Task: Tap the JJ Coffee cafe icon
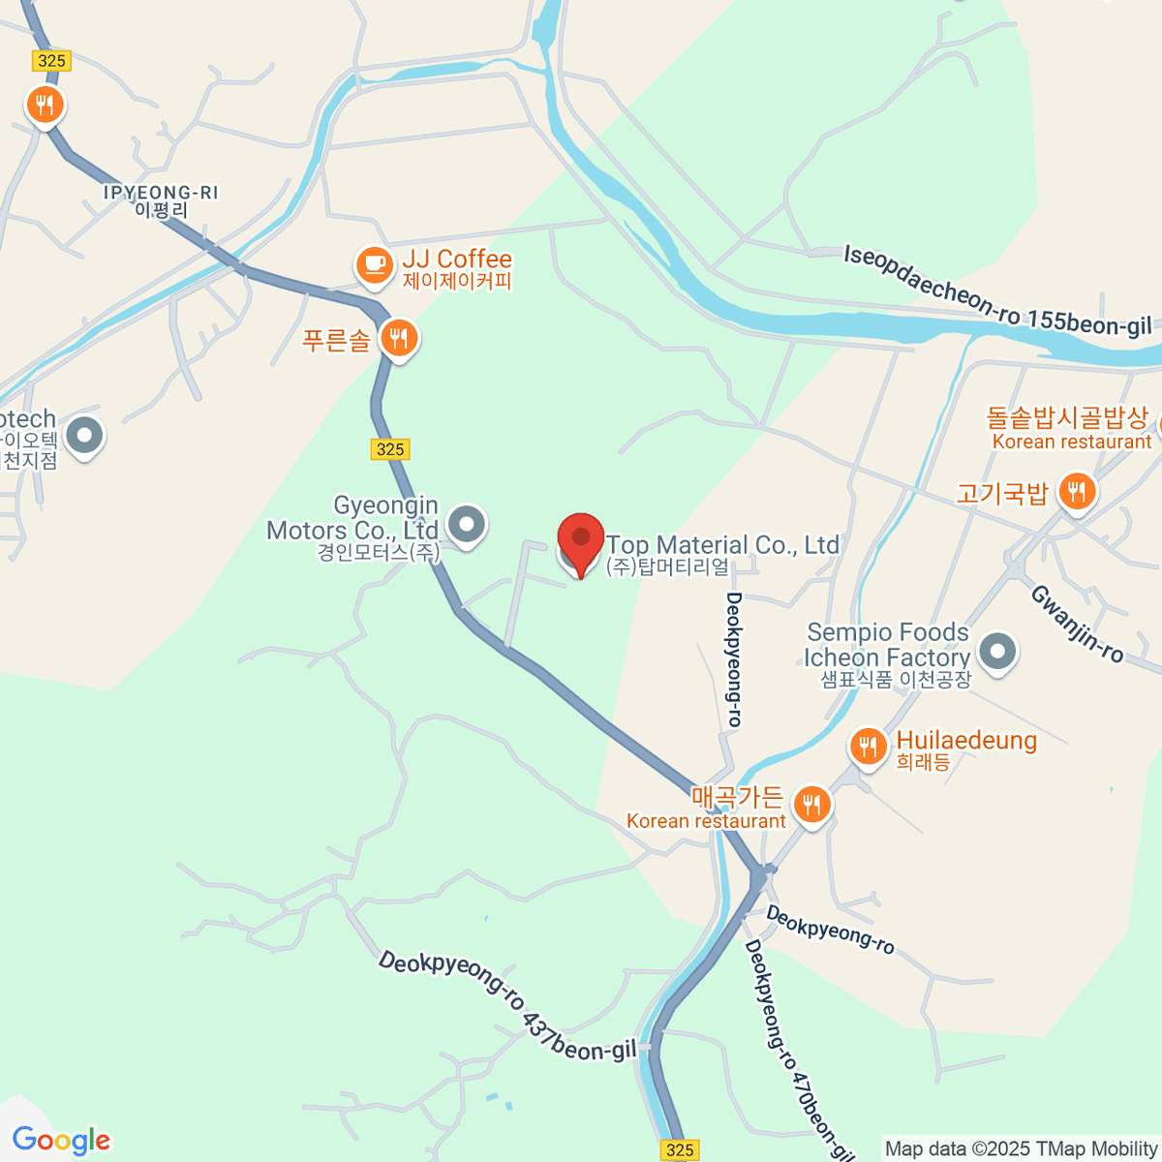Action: point(374,263)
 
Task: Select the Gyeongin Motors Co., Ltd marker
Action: point(468,525)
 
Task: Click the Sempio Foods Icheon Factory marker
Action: point(997,651)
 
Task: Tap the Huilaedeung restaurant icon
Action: point(869,747)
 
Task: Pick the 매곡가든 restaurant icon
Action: point(811,804)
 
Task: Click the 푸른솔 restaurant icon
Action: point(398,338)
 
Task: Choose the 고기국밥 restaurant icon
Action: point(1076,492)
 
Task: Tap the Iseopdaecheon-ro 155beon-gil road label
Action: point(997,291)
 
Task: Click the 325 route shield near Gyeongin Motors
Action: point(390,449)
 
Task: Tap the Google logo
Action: point(61,1141)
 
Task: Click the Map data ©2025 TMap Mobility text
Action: point(1021,1148)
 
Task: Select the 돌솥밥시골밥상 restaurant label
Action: point(1067,418)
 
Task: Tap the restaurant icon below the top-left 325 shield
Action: point(45,104)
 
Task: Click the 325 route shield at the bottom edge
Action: point(681,1149)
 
